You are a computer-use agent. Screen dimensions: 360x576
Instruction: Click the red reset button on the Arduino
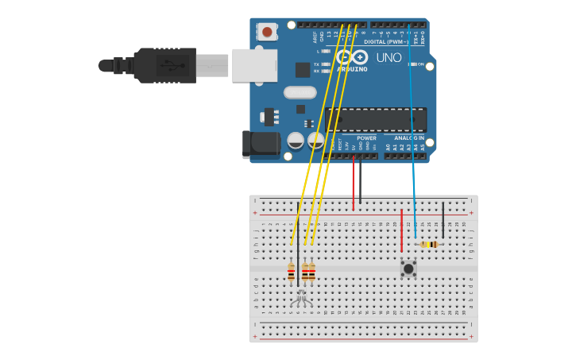pyautogui.click(x=267, y=33)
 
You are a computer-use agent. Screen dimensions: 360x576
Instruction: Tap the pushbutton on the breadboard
pyautogui.click(x=408, y=268)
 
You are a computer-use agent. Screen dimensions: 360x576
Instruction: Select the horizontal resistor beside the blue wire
pyautogui.click(x=429, y=244)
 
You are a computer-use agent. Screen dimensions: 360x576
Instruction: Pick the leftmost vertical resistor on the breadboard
pyautogui.click(x=292, y=272)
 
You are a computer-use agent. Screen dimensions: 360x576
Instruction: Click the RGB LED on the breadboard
pyautogui.click(x=300, y=298)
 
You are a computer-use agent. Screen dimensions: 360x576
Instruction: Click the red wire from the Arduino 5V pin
pyautogui.click(x=354, y=183)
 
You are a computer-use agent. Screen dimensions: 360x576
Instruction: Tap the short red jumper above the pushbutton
pyautogui.click(x=402, y=230)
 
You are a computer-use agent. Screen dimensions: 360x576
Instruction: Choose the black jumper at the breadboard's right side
pyautogui.click(x=443, y=219)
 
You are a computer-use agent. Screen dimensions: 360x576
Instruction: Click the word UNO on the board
pyautogui.click(x=389, y=57)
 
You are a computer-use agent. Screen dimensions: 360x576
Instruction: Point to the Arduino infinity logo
pyautogui.click(x=351, y=57)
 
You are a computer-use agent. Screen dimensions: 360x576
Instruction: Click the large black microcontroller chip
pyautogui.click(x=376, y=120)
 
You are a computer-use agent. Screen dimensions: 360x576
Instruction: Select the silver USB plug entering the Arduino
pyautogui.click(x=253, y=65)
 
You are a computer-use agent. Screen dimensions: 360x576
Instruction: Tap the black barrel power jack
pyautogui.click(x=261, y=144)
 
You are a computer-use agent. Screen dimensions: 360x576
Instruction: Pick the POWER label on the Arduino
pyautogui.click(x=366, y=137)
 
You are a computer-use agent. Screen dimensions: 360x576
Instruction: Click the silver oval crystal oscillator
pyautogui.click(x=300, y=92)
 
